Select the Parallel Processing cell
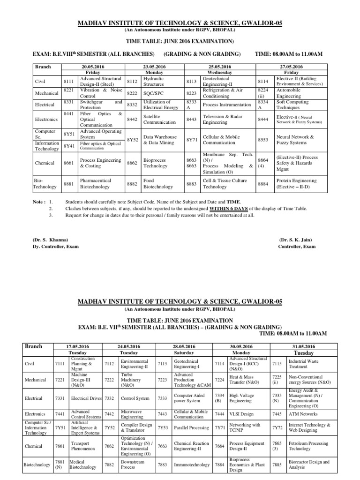tap(192, 427)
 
